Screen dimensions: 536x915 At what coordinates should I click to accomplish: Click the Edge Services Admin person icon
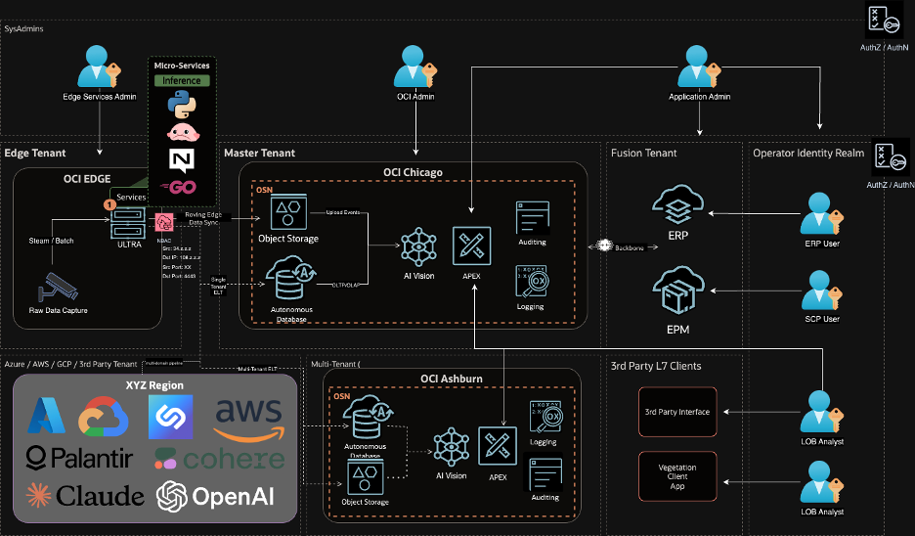pos(98,68)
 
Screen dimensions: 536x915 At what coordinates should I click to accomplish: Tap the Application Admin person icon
pos(699,68)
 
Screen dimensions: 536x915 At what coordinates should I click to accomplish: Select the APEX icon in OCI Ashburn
pos(498,445)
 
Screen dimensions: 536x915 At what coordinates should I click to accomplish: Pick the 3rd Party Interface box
pos(677,412)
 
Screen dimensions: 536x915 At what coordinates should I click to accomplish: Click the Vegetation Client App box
pos(677,477)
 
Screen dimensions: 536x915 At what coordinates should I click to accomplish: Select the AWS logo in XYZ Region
pos(247,419)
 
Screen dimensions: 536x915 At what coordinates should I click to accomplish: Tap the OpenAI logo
pos(221,496)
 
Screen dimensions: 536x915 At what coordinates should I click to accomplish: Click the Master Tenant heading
pos(259,154)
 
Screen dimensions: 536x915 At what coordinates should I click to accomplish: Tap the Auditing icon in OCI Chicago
pos(533,218)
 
